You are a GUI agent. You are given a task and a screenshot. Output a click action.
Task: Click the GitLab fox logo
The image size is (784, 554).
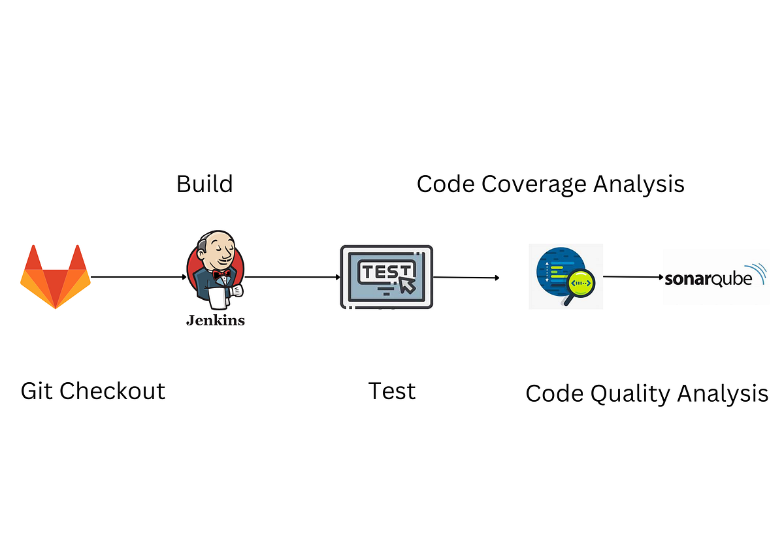(56, 277)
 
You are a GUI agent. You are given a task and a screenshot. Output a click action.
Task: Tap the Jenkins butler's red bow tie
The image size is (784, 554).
(221, 275)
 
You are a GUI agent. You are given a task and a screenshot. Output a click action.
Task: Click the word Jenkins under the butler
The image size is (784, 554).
(216, 320)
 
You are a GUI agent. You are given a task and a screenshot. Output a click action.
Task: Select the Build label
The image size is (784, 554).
(204, 184)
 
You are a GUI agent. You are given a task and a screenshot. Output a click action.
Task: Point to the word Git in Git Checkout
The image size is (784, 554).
(37, 391)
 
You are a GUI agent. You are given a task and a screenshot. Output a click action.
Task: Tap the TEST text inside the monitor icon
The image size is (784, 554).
(386, 271)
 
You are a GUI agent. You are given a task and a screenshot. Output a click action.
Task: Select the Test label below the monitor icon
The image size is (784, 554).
(392, 391)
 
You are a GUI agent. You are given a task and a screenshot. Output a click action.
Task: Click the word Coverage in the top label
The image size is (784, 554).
(533, 184)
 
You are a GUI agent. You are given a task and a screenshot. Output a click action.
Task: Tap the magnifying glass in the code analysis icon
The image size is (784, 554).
(580, 285)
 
